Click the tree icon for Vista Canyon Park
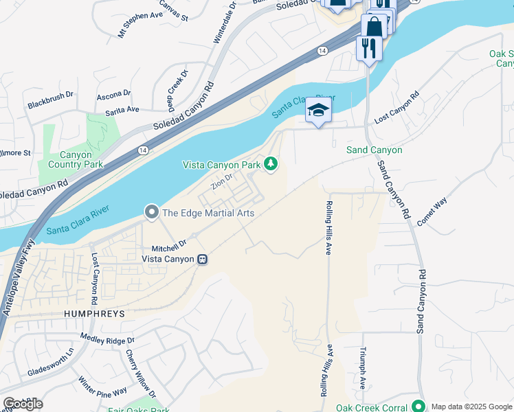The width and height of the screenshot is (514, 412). coord(271,163)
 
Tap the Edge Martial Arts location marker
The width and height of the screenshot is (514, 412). coord(152,213)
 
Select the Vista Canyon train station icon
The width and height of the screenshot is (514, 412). coord(203,259)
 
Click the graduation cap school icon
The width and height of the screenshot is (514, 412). coord(318,111)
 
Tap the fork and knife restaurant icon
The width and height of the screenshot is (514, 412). coord(368,47)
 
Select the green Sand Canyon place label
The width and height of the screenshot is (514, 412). coord(374,150)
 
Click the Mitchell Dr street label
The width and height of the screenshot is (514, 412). coord(169,244)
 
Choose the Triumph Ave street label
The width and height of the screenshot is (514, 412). coord(363,367)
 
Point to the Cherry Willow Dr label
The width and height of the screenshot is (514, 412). coord(141,374)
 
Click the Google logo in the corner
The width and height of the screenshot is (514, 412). coord(23,404)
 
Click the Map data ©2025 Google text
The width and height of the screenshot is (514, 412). coord(472,407)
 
